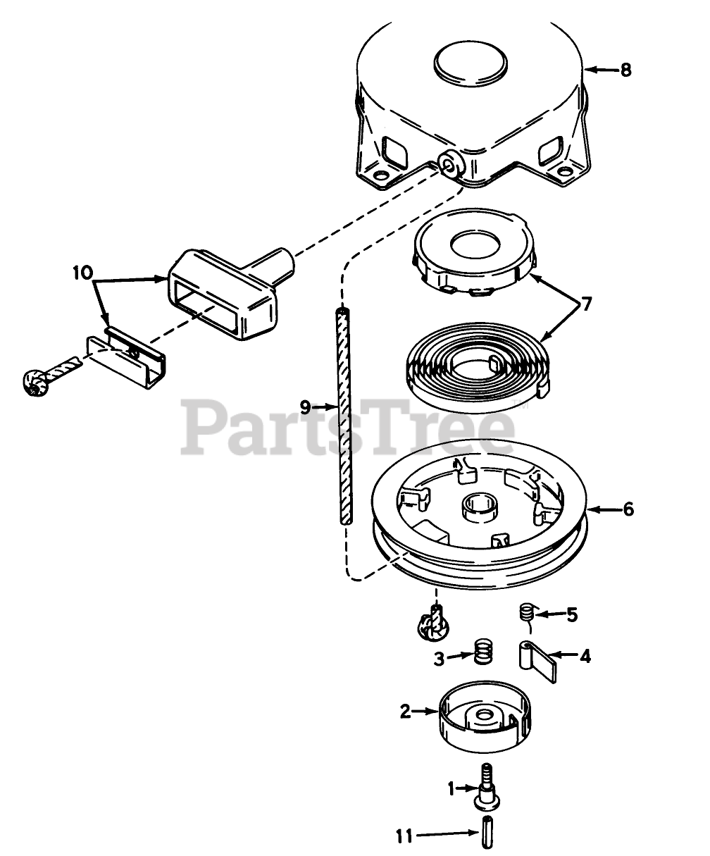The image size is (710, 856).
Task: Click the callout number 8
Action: [625, 70]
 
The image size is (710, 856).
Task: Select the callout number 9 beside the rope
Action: [304, 407]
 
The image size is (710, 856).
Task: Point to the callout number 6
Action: [628, 509]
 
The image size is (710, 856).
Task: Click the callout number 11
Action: [404, 836]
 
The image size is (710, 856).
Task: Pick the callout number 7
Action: [586, 305]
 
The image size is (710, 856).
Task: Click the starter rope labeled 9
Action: [343, 416]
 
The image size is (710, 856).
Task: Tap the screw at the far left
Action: [35, 380]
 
